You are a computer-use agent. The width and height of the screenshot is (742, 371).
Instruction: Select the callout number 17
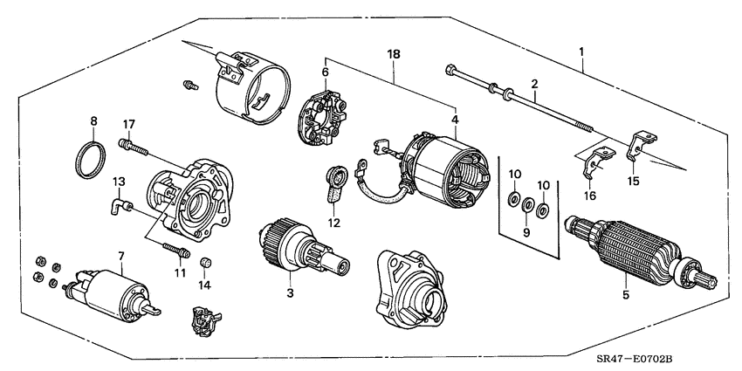[128, 123]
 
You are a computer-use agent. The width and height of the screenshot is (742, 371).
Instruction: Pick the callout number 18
[394, 54]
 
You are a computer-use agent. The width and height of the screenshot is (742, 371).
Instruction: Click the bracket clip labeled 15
[641, 143]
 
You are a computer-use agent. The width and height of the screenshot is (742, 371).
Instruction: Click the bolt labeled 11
[175, 252]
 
